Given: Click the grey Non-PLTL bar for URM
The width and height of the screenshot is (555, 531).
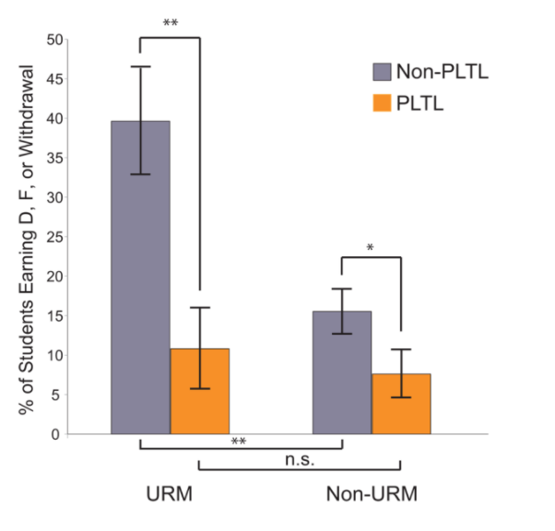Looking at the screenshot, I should [140, 277].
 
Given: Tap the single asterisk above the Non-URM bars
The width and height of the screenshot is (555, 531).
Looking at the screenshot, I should [371, 248].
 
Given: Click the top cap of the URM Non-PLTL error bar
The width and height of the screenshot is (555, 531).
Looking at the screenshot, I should [140, 66].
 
